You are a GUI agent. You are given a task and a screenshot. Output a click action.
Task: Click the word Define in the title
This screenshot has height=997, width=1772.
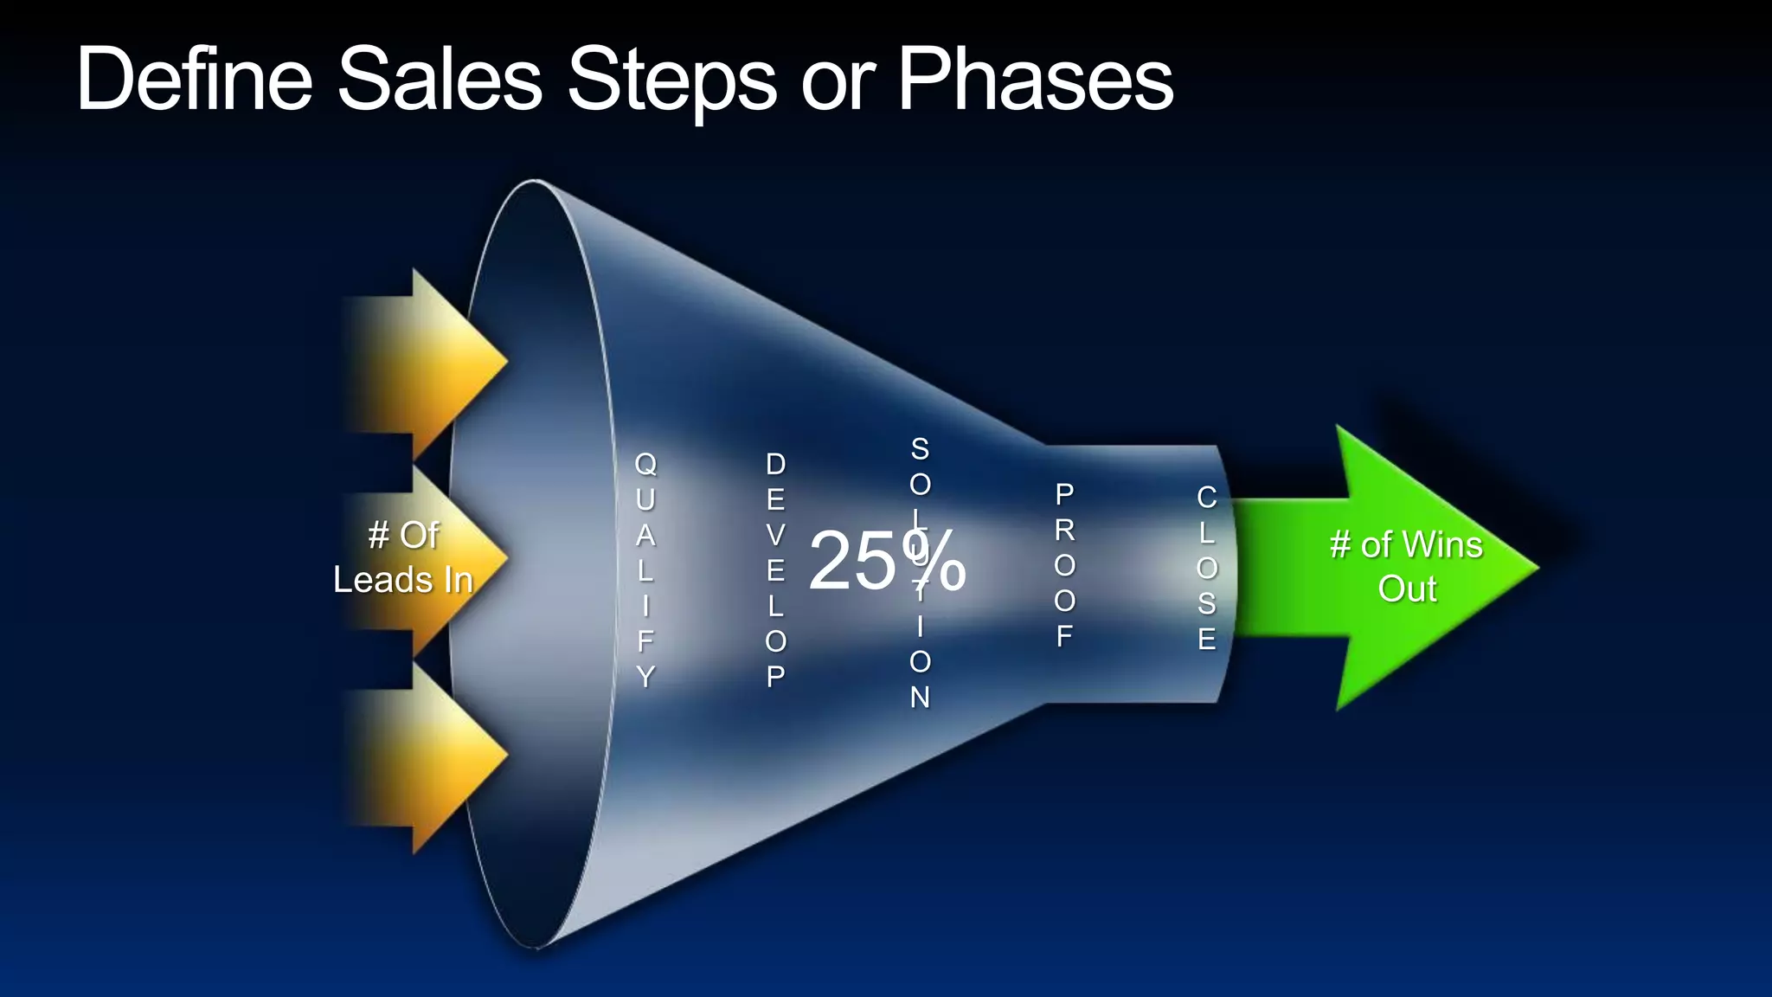click(194, 80)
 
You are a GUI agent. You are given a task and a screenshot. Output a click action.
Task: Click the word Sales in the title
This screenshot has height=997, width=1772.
click(440, 80)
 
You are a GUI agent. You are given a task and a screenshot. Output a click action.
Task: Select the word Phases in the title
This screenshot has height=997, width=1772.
click(1035, 80)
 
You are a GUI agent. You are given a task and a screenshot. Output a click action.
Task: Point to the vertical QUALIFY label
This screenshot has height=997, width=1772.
click(645, 569)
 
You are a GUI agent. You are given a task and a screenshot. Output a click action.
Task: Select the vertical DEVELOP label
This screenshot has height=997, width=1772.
click(775, 569)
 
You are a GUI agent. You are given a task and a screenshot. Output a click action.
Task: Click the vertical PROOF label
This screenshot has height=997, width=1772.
click(1064, 565)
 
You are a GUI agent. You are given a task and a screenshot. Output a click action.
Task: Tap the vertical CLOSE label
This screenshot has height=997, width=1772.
click(1206, 568)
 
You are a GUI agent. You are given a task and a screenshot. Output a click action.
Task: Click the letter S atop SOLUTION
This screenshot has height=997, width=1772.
click(920, 449)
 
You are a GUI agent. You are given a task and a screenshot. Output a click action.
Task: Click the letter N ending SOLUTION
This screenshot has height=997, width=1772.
click(920, 697)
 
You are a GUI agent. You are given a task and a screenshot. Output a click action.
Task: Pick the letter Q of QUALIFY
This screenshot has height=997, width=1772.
click(645, 465)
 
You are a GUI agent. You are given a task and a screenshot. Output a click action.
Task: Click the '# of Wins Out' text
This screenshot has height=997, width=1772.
click(1406, 567)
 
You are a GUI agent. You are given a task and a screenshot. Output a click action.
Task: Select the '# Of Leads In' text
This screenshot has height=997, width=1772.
click(403, 557)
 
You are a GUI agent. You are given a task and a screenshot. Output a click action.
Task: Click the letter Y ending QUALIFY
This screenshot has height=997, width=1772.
click(645, 676)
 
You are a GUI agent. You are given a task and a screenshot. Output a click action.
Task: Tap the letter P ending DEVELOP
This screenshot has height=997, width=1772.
click(775, 676)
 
